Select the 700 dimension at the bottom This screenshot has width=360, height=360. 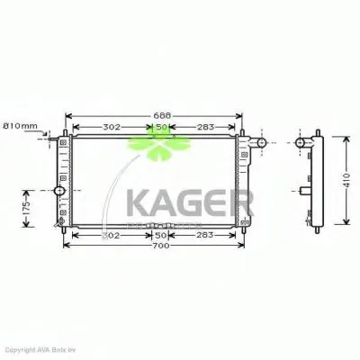[161, 246]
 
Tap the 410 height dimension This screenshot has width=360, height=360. [348, 184]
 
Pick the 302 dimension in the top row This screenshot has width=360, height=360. [112, 127]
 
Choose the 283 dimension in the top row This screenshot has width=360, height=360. [203, 127]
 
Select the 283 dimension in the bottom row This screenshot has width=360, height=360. [203, 235]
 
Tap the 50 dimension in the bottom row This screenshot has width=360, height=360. [160, 235]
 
